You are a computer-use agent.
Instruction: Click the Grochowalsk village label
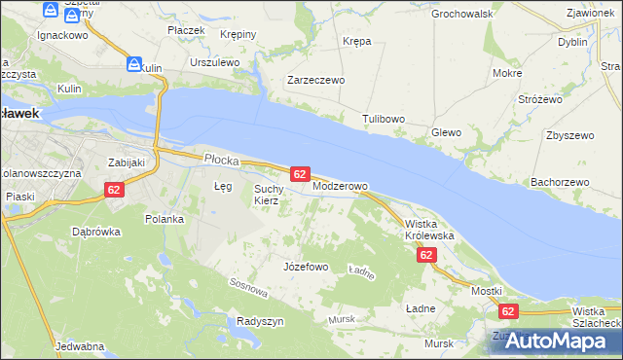click(x=462, y=15)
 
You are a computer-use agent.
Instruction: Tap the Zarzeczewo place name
click(x=315, y=81)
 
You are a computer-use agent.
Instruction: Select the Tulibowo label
click(x=384, y=119)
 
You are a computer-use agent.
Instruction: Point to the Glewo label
click(x=446, y=132)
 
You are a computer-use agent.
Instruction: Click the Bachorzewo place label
click(x=561, y=182)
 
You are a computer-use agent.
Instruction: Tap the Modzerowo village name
click(x=340, y=186)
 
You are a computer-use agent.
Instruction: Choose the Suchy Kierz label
click(x=268, y=195)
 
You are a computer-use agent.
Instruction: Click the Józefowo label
click(x=305, y=267)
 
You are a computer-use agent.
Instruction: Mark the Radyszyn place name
click(x=260, y=321)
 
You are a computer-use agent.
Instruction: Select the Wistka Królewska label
click(x=429, y=230)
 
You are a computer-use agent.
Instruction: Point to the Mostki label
click(x=486, y=291)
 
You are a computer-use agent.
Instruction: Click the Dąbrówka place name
click(x=96, y=232)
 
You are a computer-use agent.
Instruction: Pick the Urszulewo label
click(x=215, y=62)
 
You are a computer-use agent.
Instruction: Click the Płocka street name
click(x=222, y=158)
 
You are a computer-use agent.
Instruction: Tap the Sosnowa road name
click(x=248, y=287)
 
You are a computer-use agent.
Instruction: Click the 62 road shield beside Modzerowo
click(x=300, y=173)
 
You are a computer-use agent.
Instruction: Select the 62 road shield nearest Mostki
click(x=507, y=311)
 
